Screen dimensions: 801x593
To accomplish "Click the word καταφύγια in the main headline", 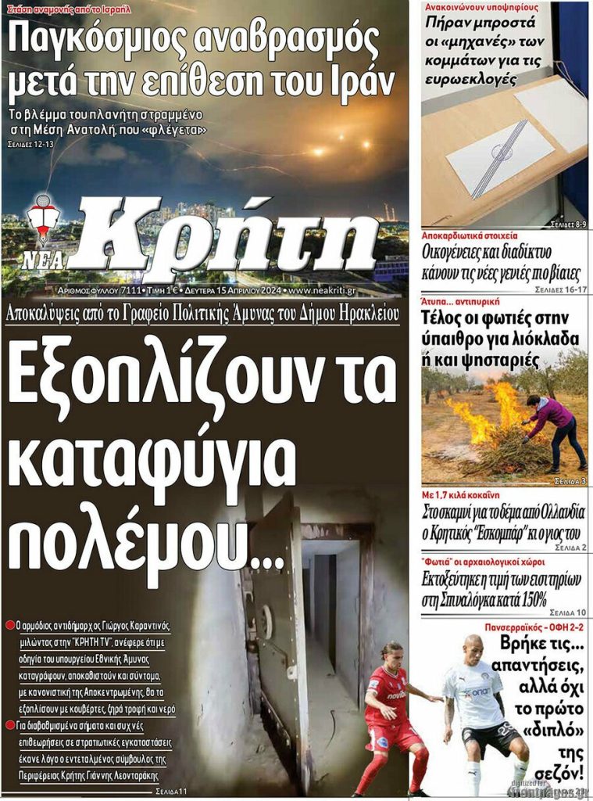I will point(152,462).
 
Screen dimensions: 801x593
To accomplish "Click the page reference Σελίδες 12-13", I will point(31,145).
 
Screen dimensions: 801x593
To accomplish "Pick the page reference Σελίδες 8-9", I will point(568,224).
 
